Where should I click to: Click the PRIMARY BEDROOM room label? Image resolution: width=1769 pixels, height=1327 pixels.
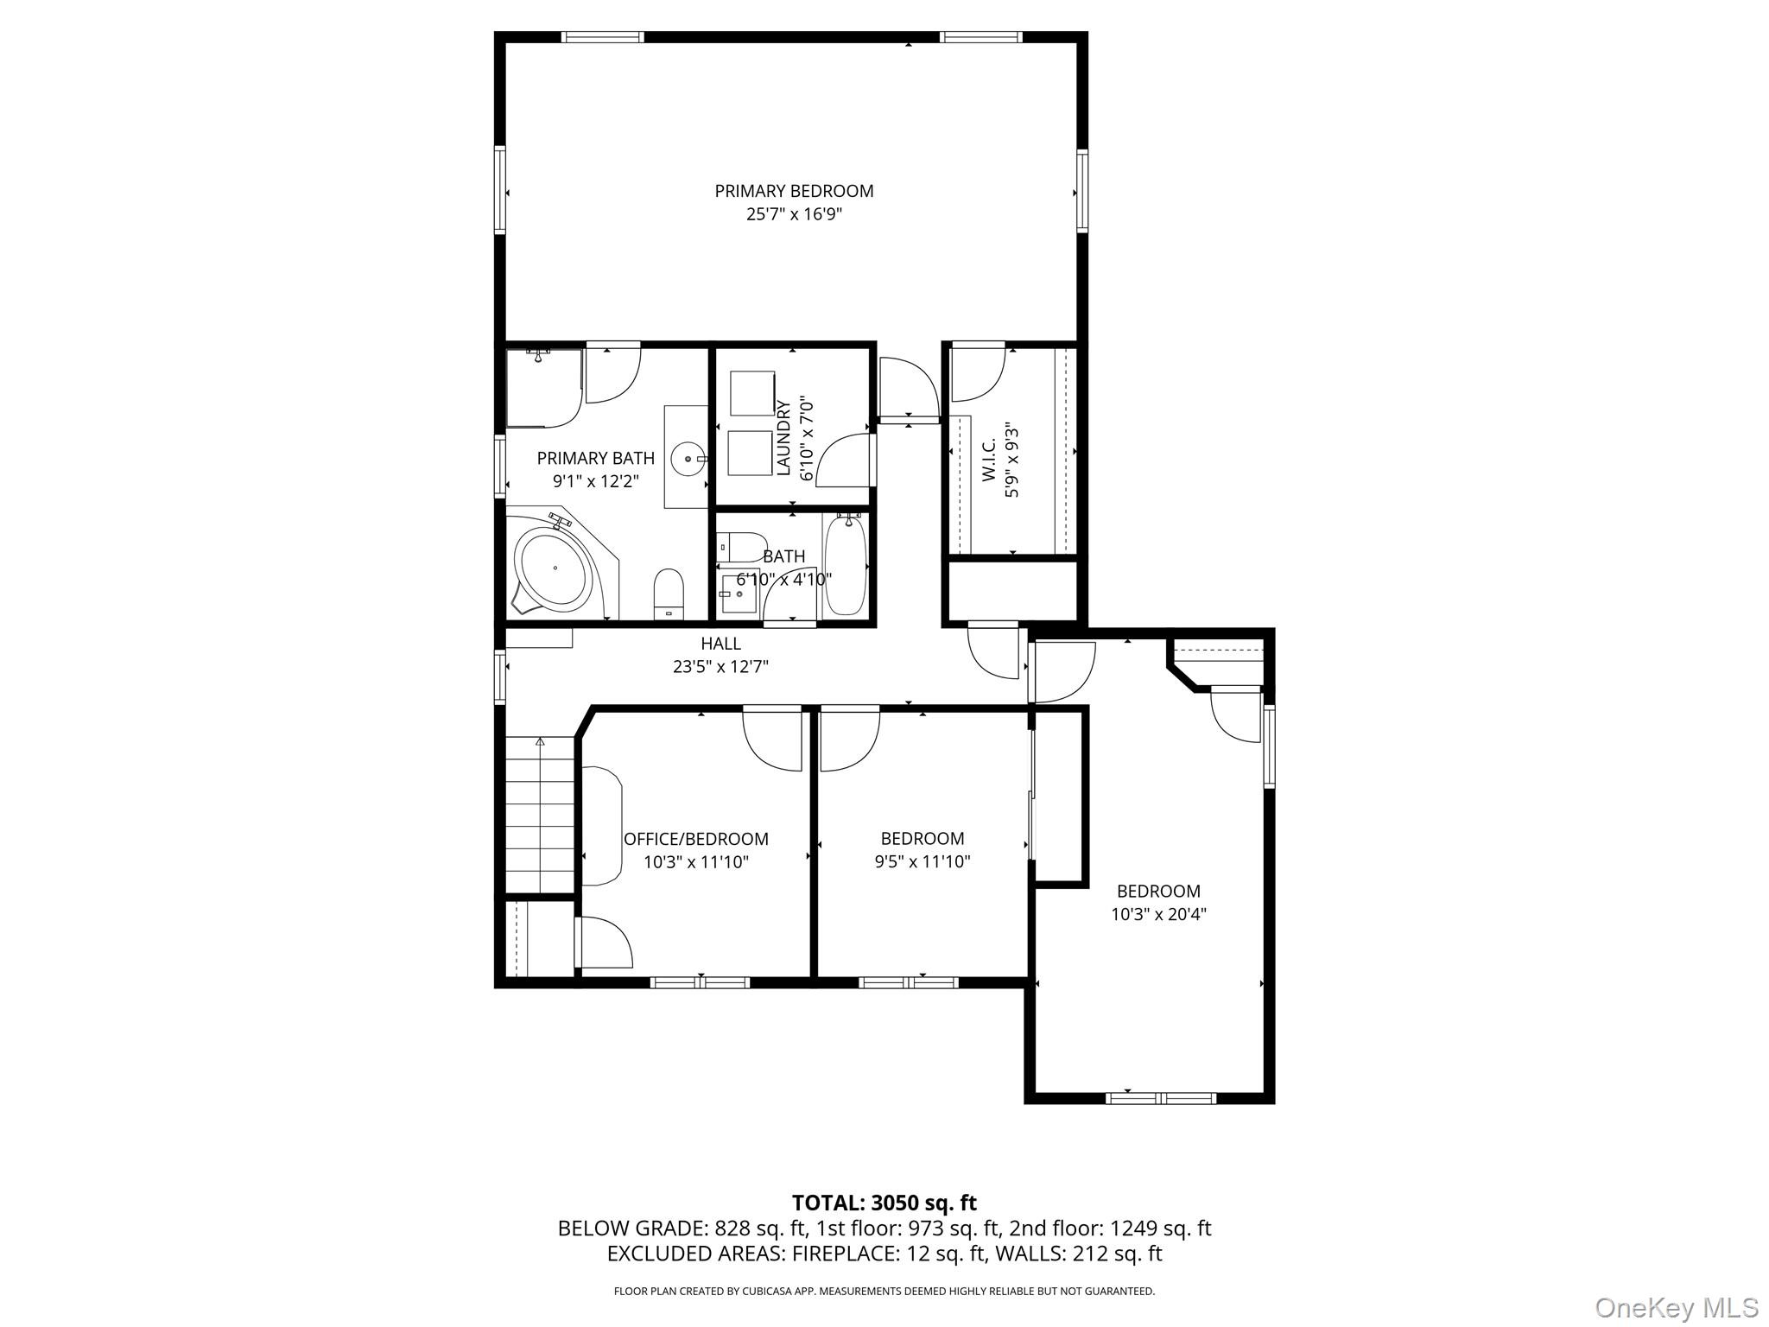pos(794,191)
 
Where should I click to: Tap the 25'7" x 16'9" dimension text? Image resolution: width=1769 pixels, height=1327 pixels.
pos(794,214)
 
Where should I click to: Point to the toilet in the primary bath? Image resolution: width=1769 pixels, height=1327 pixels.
pos(669,594)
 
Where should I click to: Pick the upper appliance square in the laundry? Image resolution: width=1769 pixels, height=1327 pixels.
pos(751,393)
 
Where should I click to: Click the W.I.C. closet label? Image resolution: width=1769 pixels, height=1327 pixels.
pos(990,459)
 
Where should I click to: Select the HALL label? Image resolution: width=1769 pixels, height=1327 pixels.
pos(720,644)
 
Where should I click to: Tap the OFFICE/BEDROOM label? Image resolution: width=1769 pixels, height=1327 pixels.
pos(696,839)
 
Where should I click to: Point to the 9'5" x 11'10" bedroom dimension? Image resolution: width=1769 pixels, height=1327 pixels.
pos(923,861)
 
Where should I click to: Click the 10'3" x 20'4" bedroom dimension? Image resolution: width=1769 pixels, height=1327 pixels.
pos(1158,914)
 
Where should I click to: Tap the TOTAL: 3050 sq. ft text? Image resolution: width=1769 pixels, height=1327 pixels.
pos(884,1203)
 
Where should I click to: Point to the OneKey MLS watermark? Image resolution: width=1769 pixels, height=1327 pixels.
pos(1677,1307)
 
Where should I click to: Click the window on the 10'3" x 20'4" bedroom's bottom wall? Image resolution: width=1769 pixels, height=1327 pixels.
pos(1161,1098)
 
